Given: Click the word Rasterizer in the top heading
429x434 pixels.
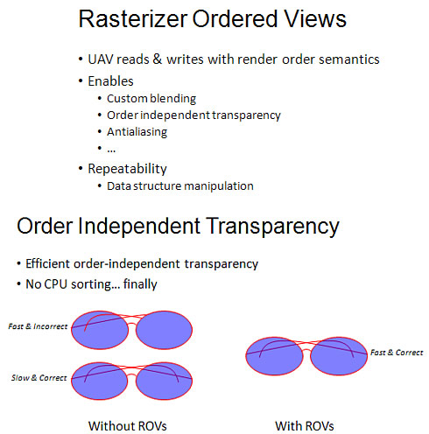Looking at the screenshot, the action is point(133,19).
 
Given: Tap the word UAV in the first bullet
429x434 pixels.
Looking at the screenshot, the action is point(100,59).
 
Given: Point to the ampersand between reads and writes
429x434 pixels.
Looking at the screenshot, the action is point(158,59).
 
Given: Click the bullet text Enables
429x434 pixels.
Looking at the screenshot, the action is point(110,81).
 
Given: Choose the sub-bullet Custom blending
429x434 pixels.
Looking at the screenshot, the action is point(151,99).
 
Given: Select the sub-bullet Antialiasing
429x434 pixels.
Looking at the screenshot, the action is point(137,132).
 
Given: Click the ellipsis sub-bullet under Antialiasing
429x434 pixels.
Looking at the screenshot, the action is point(111,150).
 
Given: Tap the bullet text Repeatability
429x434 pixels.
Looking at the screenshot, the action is point(127,169).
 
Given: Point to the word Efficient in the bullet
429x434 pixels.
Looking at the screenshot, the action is point(48,263).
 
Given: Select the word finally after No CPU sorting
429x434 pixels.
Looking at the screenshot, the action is point(140,284).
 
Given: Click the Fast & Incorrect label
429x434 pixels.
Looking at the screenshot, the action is point(38,326).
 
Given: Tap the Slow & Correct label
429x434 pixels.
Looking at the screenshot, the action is point(39,378).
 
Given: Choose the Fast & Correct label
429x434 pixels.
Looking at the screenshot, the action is point(397,353).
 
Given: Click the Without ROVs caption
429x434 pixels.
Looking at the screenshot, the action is point(128,426).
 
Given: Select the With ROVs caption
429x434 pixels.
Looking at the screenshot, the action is point(305,426).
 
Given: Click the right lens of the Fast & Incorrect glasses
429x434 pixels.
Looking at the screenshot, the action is point(164,330).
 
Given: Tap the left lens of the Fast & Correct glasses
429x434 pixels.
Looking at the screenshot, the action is point(274,356).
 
